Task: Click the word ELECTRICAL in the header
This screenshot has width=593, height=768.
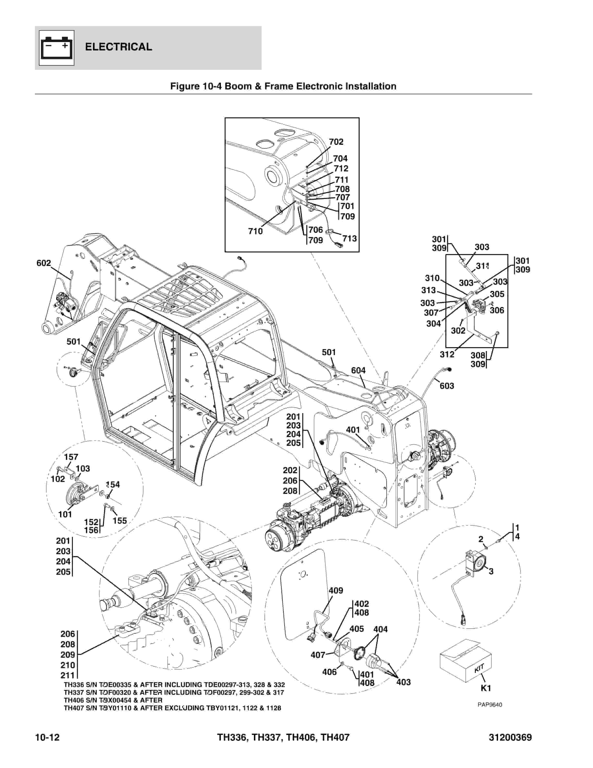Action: [118, 47]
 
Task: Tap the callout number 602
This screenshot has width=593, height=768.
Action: [44, 263]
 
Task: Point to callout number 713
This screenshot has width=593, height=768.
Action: [349, 238]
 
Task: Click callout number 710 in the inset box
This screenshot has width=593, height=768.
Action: [255, 231]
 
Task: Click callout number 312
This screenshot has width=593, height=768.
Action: [447, 354]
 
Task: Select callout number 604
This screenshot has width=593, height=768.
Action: [358, 370]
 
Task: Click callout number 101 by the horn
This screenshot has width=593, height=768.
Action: [65, 514]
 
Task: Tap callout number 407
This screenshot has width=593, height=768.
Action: [318, 655]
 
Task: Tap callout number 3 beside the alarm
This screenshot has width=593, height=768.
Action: [491, 571]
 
